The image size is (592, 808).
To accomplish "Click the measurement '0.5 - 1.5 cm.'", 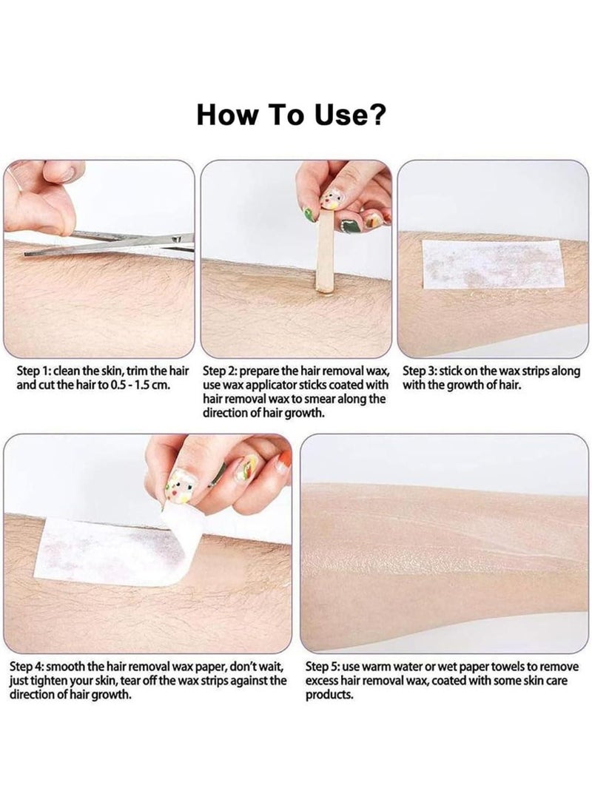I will (140, 384).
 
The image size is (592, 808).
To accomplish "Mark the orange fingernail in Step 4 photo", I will (283, 465).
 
